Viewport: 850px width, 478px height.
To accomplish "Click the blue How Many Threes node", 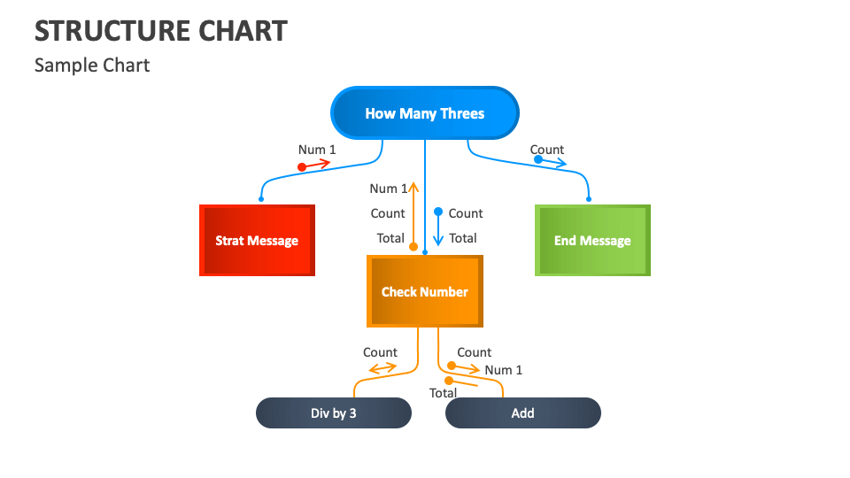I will point(425,113).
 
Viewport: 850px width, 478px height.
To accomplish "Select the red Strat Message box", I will point(257,241).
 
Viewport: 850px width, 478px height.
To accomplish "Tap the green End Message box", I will point(592,241).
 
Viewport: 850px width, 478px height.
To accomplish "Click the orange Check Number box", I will point(425,291).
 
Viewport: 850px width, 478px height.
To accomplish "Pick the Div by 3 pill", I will point(334,413).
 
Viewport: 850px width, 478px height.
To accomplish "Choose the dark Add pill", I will point(522,413).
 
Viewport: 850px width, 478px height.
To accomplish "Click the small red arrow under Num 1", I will point(316,165).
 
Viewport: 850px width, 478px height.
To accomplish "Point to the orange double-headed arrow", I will point(382,367).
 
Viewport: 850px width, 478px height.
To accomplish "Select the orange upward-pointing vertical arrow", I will point(413,212).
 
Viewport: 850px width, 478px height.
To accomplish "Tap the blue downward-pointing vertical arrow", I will point(437,227).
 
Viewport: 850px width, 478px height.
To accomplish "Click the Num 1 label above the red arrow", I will point(317,150).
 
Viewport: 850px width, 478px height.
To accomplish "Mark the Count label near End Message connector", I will point(547,150).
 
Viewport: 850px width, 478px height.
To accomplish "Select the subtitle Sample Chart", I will point(92,66).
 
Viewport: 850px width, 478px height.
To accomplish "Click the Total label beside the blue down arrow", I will point(463,238).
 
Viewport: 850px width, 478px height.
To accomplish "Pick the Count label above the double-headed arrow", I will point(380,352).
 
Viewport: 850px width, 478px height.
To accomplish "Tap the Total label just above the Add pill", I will point(443,393).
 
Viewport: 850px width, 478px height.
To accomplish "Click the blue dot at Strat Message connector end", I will point(261,199).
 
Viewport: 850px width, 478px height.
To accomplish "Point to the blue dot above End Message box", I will point(589,199).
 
